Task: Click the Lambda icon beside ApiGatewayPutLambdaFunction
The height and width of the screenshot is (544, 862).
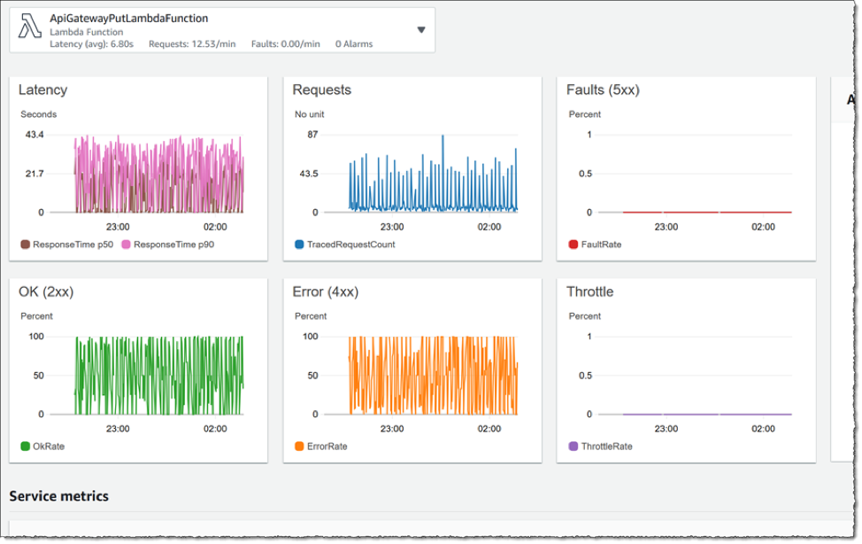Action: pos(29,29)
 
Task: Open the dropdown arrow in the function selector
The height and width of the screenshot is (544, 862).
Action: pos(420,29)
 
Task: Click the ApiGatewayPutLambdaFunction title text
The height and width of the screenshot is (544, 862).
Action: pos(128,18)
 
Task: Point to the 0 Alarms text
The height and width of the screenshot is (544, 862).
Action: pos(354,43)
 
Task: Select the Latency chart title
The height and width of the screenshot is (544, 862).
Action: pos(42,89)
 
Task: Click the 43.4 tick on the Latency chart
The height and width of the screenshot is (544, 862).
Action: pos(34,135)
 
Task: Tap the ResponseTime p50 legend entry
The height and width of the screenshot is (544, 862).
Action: pos(67,244)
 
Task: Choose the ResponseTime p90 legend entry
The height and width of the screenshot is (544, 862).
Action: pos(167,244)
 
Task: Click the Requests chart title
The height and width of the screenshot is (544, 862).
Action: pos(321,89)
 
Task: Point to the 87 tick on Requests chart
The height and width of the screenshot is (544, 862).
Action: pos(312,135)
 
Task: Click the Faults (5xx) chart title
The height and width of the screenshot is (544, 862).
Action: pos(603,89)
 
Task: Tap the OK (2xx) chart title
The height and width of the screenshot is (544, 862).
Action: pos(48,291)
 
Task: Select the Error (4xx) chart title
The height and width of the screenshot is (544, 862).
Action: pos(325,291)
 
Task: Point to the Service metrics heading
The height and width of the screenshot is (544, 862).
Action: pos(58,495)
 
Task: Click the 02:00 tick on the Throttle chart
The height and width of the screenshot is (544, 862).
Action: pos(763,428)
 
